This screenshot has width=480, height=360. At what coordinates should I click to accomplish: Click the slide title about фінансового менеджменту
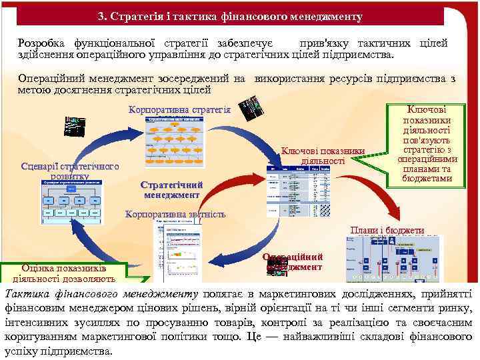click(x=239, y=15)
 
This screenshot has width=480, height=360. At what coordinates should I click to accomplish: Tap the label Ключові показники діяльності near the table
click(x=323, y=155)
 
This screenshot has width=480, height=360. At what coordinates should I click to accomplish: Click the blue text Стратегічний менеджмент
click(x=171, y=190)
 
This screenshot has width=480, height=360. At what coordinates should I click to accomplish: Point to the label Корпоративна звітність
click(x=176, y=215)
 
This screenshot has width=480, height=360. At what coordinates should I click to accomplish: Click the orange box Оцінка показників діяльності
click(x=69, y=273)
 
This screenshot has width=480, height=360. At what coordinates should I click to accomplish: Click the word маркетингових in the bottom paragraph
click(x=300, y=294)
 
